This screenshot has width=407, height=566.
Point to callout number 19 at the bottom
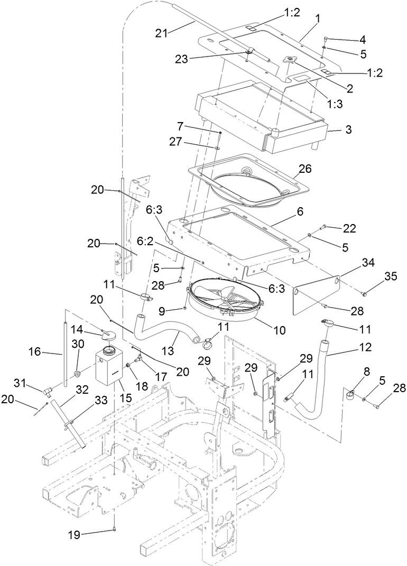coord(75,535)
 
